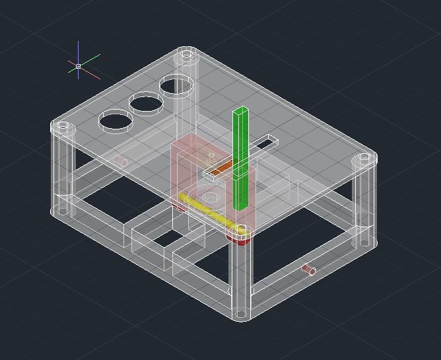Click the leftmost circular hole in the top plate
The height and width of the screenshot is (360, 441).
[115, 121]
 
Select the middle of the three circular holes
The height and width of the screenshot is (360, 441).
[146, 104]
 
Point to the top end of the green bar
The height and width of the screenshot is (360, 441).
[241, 110]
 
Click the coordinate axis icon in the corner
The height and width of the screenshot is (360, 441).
[79, 66]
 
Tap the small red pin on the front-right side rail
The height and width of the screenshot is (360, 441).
[308, 269]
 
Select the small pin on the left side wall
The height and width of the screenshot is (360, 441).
[119, 161]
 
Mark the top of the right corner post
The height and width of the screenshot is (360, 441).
[364, 159]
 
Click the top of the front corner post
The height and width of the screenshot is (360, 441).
[241, 231]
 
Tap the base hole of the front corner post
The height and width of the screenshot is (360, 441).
[241, 310]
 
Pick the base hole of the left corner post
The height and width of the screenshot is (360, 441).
[62, 211]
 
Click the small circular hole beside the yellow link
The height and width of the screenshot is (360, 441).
[211, 197]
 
